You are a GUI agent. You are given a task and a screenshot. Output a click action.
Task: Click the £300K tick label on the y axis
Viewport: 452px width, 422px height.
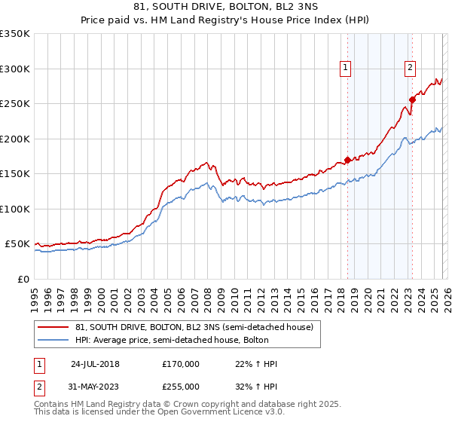(x=15, y=69)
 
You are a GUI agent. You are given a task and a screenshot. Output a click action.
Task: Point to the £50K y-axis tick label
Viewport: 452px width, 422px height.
(x=17, y=244)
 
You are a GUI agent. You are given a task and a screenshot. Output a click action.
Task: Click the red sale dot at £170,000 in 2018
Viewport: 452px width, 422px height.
(x=347, y=160)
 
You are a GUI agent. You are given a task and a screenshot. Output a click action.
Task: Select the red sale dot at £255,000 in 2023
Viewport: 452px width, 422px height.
(x=412, y=99)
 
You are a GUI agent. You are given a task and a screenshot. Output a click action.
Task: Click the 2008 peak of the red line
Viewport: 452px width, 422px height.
(x=206, y=162)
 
